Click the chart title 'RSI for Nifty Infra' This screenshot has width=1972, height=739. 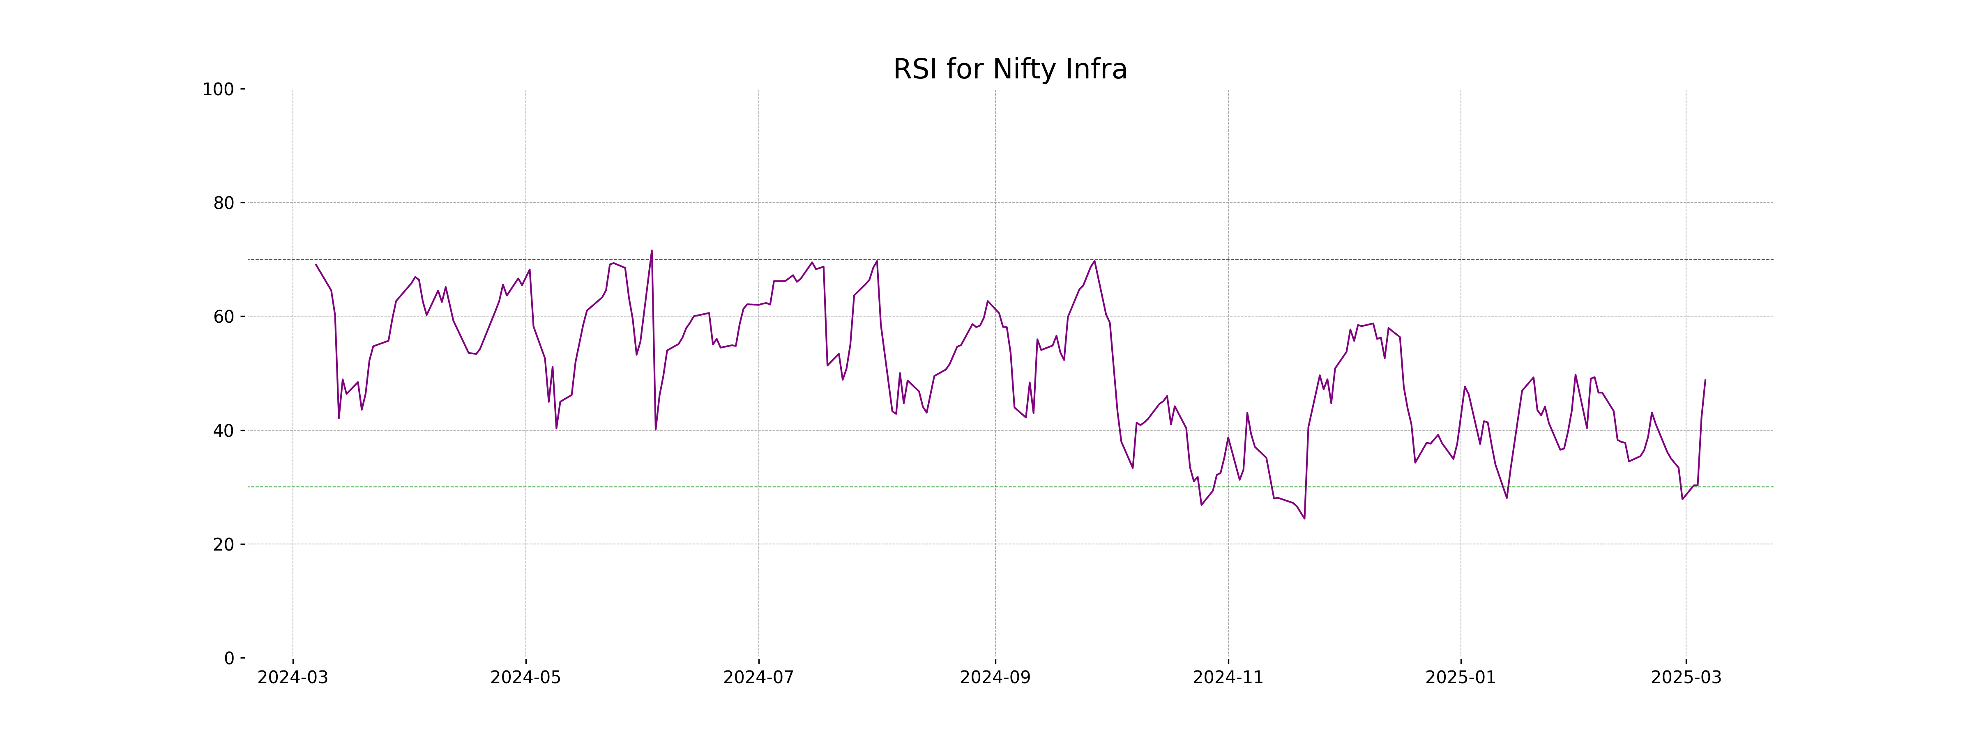(x=1010, y=70)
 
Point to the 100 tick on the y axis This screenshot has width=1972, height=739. (x=218, y=90)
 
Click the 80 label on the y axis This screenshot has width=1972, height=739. (x=223, y=203)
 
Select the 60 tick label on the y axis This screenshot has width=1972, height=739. (x=223, y=317)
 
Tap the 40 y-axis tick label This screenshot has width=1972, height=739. (x=223, y=431)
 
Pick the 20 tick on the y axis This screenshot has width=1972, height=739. (x=223, y=545)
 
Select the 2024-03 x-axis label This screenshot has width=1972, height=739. (x=293, y=678)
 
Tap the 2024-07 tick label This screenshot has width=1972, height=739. (x=759, y=678)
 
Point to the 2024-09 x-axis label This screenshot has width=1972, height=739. (x=995, y=678)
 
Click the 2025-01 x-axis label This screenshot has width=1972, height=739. (x=1461, y=678)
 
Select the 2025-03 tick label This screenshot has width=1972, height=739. (x=1686, y=678)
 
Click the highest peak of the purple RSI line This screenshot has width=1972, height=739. (x=652, y=250)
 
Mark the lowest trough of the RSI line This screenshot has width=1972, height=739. (x=1304, y=519)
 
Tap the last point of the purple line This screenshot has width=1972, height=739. (x=1705, y=379)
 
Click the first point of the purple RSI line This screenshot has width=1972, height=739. (x=316, y=265)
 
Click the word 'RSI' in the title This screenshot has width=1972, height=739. (x=916, y=70)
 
